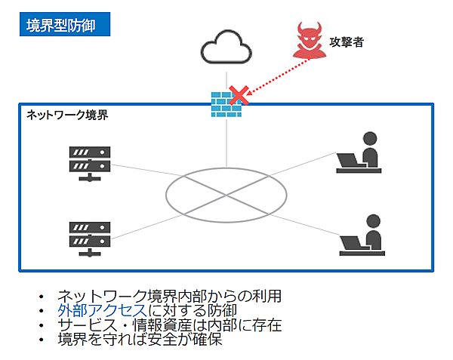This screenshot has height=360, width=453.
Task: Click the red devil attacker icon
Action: coord(309,42)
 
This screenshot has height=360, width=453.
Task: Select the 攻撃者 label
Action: coord(347,42)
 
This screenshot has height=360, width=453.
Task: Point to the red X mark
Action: coord(239,96)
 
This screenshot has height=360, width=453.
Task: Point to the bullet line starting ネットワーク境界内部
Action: coord(170,296)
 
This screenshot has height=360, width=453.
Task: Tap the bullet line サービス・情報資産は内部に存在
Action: coord(170,325)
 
